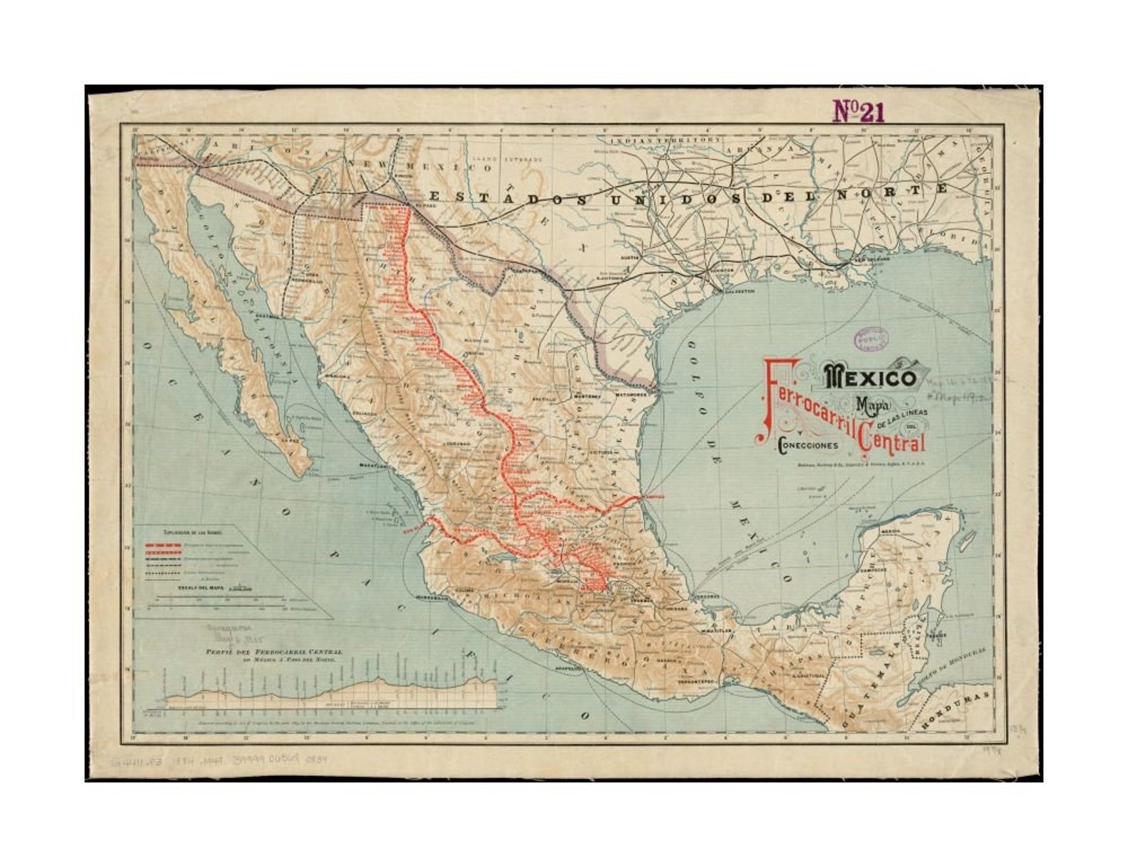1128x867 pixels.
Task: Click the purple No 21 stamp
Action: coord(858,111)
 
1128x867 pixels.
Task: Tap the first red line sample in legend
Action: coord(165,543)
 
